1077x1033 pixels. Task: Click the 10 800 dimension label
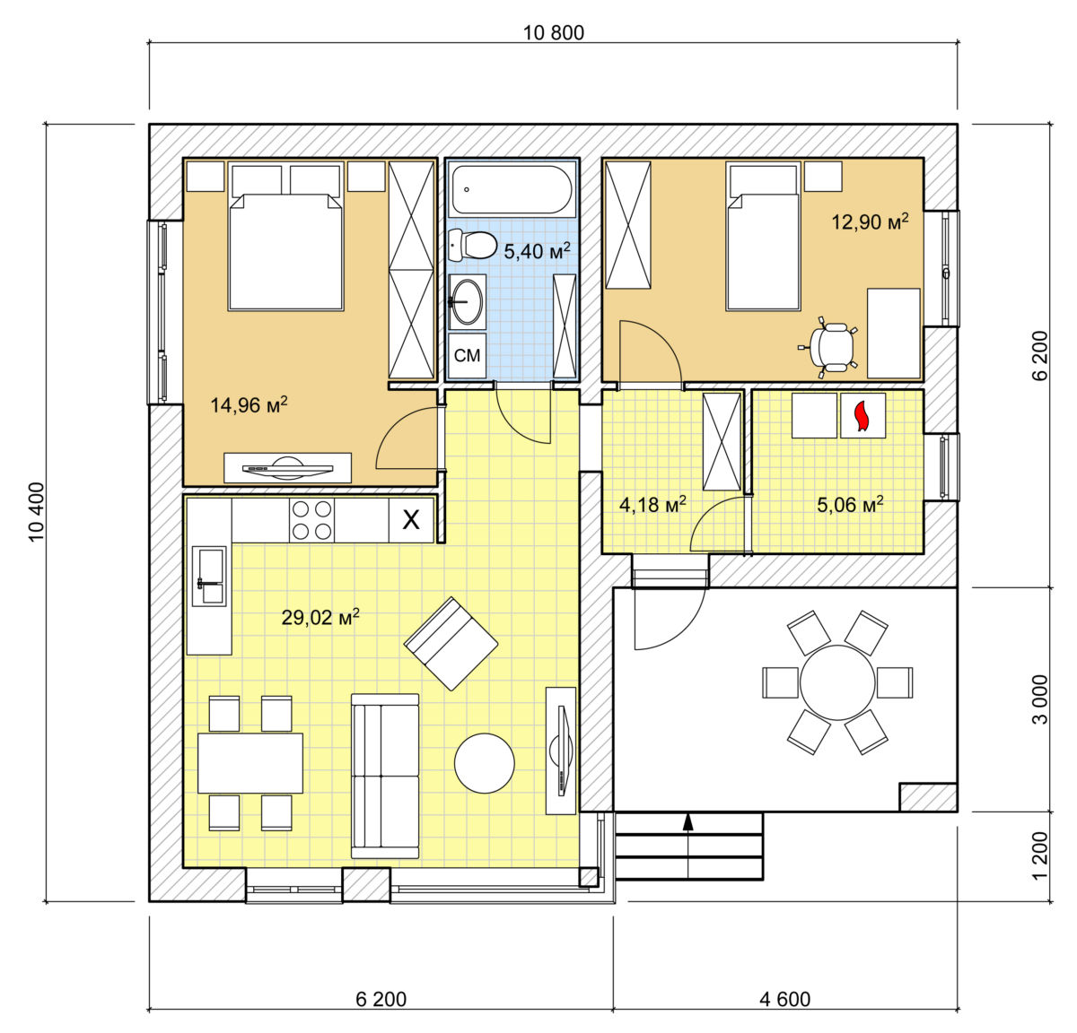pos(553,33)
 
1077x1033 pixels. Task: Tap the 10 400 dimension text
pos(36,512)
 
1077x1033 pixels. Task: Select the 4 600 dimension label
pos(784,999)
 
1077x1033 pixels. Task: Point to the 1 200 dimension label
pos(1040,855)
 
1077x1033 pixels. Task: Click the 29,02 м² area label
pos(320,617)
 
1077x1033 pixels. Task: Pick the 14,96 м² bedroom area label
pos(249,404)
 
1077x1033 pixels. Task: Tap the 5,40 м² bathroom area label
pos(537,250)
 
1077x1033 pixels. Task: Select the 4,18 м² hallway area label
pos(652,504)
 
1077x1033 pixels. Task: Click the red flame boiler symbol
pos(862,416)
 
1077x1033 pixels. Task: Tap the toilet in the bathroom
pos(472,246)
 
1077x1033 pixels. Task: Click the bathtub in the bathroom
pos(512,190)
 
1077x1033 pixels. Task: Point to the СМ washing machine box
pos(467,355)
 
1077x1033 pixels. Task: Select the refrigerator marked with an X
pos(411,520)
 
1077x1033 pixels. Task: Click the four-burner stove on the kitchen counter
pos(311,520)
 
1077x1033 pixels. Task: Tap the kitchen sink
pos(209,576)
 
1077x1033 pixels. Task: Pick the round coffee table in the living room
pos(485,763)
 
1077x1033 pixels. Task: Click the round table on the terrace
pos(836,681)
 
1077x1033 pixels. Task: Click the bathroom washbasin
pos(467,302)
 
